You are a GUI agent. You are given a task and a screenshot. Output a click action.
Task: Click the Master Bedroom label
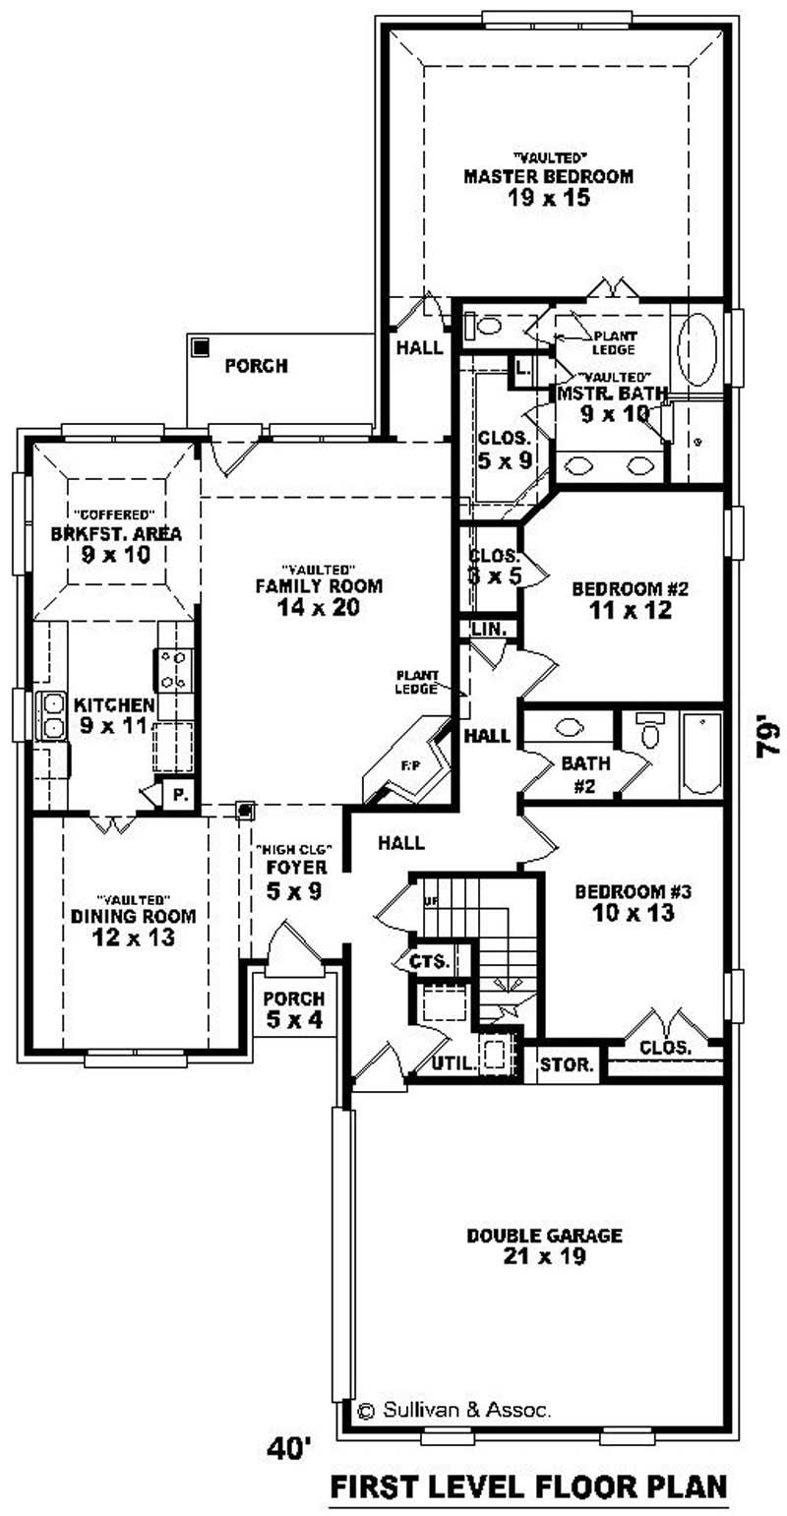pyautogui.click(x=548, y=177)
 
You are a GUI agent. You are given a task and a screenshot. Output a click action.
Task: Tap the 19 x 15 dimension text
pyautogui.click(x=548, y=199)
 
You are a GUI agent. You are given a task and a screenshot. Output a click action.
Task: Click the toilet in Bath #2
pyautogui.click(x=648, y=731)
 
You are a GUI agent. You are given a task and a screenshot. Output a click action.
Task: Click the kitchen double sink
pyautogui.click(x=49, y=715)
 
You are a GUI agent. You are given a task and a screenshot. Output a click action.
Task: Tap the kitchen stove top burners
pyautogui.click(x=174, y=669)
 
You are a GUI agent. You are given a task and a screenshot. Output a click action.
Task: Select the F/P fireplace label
pyautogui.click(x=390, y=763)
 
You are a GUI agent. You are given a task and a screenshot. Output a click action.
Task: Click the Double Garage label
pyautogui.click(x=544, y=1235)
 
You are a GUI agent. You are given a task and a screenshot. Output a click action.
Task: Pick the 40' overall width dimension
pyautogui.click(x=289, y=1448)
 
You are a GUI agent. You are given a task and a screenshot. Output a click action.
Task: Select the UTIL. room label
pyautogui.click(x=454, y=1063)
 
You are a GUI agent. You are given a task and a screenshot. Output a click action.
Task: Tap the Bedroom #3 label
pyautogui.click(x=634, y=892)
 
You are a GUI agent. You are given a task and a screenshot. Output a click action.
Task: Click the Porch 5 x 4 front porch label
pyautogui.click(x=292, y=1009)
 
